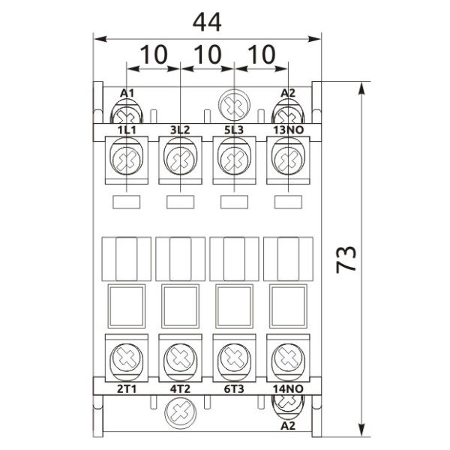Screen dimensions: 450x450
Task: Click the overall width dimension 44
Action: click(207, 22)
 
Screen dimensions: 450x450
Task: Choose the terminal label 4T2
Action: click(180, 389)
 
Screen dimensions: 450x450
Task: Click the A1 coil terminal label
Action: click(127, 93)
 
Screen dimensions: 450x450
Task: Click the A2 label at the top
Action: click(288, 93)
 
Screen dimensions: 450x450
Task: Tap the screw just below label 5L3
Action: click(233, 159)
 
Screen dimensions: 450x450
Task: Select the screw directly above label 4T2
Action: click(180, 355)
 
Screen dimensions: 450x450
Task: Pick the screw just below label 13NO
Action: click(286, 159)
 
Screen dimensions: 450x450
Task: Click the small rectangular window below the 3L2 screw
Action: click(180, 201)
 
